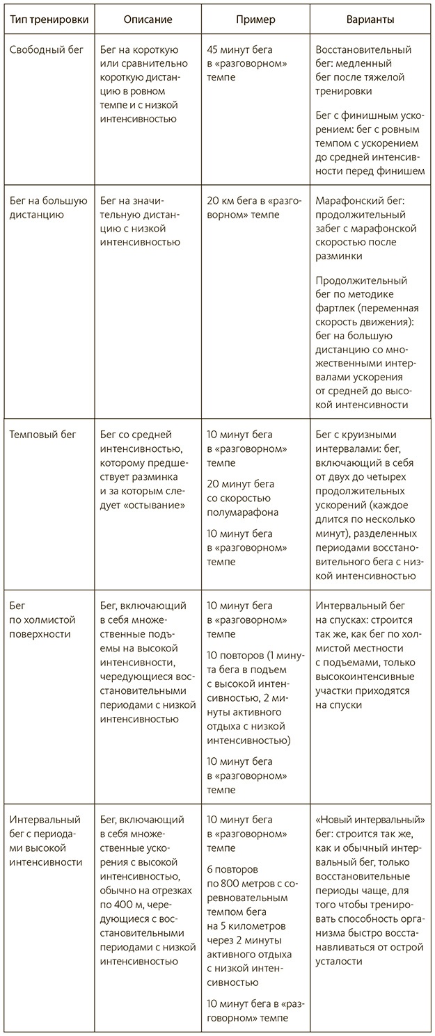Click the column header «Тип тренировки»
coord(49,20)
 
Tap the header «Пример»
coord(255,20)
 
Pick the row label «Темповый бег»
coord(42,435)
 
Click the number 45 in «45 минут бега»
coord(214,50)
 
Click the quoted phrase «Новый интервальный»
coord(370,820)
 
